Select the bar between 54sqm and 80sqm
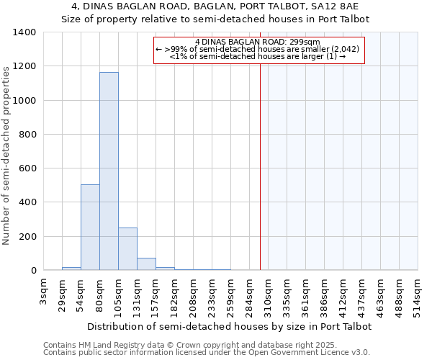[90, 227]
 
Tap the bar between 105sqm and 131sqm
[127, 248]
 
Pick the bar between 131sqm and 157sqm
[146, 264]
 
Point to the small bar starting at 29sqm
[71, 269]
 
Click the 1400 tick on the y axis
[24, 32]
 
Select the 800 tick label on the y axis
[27, 135]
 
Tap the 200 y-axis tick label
[27, 237]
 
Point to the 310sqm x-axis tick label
[268, 294]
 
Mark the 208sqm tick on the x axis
[193, 294]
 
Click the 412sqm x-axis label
[343, 294]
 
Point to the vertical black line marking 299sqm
[260, 180]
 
